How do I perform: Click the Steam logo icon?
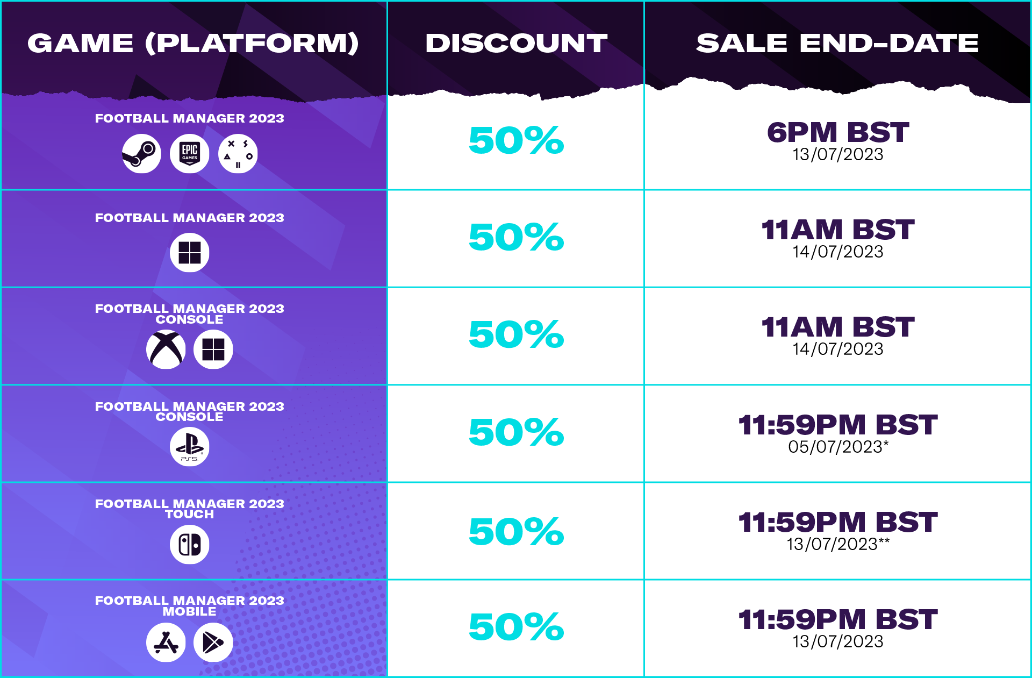pyautogui.click(x=141, y=154)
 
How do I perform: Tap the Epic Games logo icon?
pyautogui.click(x=190, y=154)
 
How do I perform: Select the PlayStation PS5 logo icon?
pyautogui.click(x=190, y=447)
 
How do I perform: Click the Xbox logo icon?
pyautogui.click(x=166, y=349)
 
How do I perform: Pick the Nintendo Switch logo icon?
pyautogui.click(x=190, y=545)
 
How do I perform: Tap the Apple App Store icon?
pyautogui.click(x=166, y=643)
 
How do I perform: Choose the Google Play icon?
pyautogui.click(x=213, y=643)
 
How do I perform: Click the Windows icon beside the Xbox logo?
pyautogui.click(x=213, y=349)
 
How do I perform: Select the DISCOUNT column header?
pyautogui.click(x=517, y=44)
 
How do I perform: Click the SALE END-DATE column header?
pyautogui.click(x=837, y=44)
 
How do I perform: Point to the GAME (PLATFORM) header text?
pyautogui.click(x=193, y=44)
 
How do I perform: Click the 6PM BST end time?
pyautogui.click(x=838, y=132)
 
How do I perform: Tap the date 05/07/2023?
pyautogui.click(x=835, y=447)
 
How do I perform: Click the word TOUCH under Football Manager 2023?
pyautogui.click(x=190, y=515)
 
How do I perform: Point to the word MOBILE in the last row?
pyautogui.click(x=190, y=612)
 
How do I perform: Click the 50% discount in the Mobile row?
pyautogui.click(x=517, y=627)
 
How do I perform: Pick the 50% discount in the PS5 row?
pyautogui.click(x=517, y=432)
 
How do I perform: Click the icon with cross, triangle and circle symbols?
pyautogui.click(x=238, y=154)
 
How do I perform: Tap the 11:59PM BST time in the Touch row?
pyautogui.click(x=838, y=522)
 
